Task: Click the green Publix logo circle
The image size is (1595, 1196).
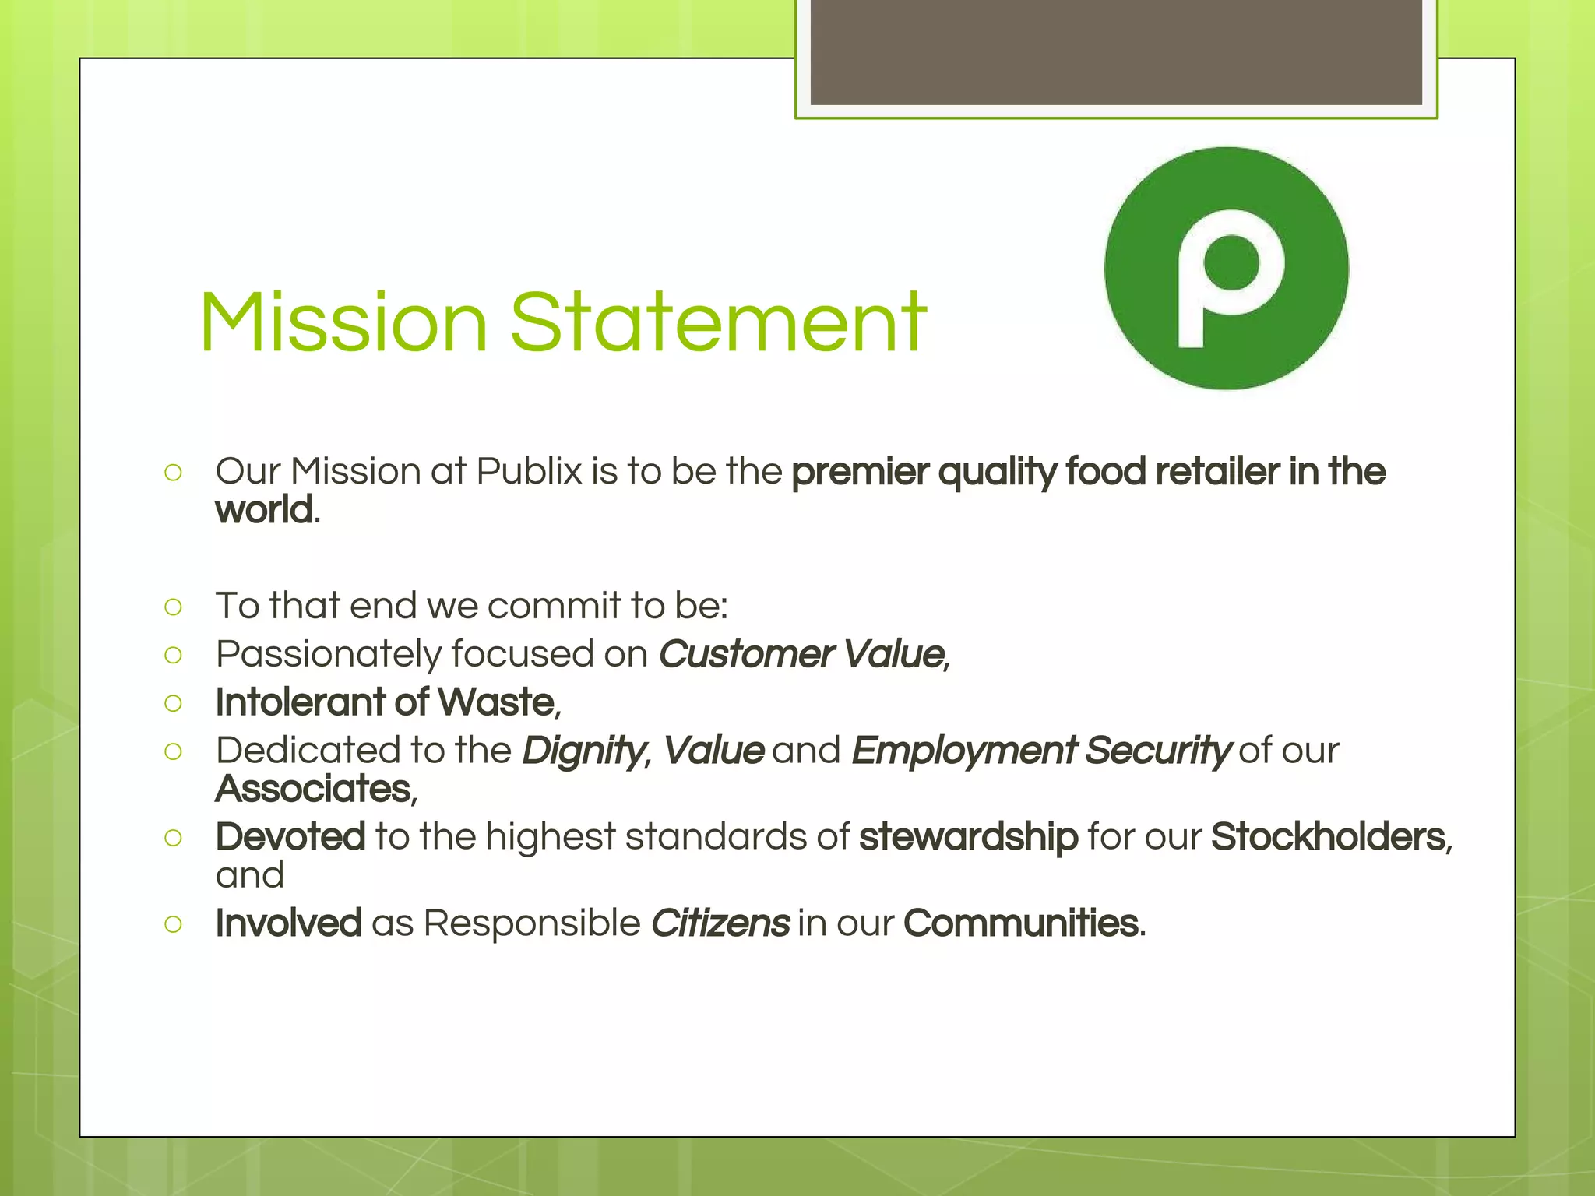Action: pyautogui.click(x=1226, y=269)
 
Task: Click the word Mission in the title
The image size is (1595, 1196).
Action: pyautogui.click(x=343, y=322)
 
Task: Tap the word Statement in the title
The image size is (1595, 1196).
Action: pyautogui.click(x=718, y=322)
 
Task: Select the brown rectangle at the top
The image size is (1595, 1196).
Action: pyautogui.click(x=1116, y=52)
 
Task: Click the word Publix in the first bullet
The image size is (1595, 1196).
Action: pyautogui.click(x=529, y=472)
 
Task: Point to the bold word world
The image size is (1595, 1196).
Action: pyautogui.click(x=265, y=511)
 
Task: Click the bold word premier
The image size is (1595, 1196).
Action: pyautogui.click(x=861, y=472)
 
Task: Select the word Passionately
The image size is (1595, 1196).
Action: pyautogui.click(x=328, y=654)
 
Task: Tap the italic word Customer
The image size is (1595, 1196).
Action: pyautogui.click(x=746, y=654)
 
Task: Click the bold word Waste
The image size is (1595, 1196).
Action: pyautogui.click(x=496, y=702)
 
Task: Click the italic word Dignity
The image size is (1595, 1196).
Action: pyautogui.click(x=583, y=751)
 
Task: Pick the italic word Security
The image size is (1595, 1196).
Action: pyautogui.click(x=1157, y=751)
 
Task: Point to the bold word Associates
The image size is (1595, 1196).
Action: pyautogui.click(x=313, y=789)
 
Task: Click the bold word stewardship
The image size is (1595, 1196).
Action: pyautogui.click(x=968, y=837)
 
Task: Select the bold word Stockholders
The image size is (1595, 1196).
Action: pyautogui.click(x=1329, y=837)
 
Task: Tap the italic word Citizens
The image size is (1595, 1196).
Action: pyautogui.click(x=720, y=923)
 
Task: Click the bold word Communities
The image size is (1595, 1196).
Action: pyautogui.click(x=1021, y=923)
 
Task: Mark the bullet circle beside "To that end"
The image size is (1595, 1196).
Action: pyautogui.click(x=174, y=607)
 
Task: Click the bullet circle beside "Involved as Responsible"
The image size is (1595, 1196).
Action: pyautogui.click(x=174, y=924)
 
